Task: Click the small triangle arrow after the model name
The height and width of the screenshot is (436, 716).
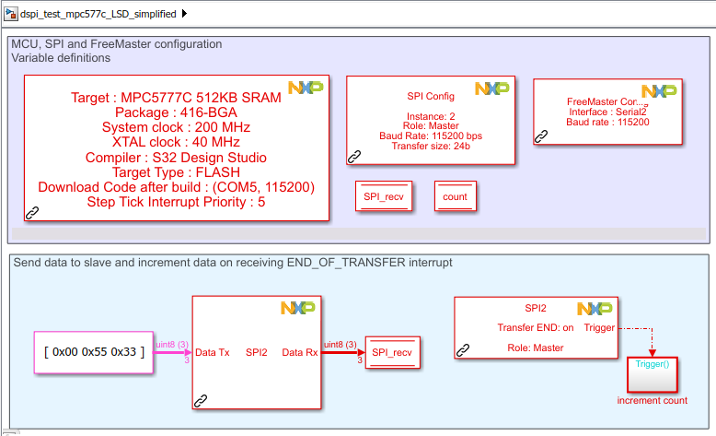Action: tap(185, 13)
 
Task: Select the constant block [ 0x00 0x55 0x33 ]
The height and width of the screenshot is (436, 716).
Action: tap(93, 352)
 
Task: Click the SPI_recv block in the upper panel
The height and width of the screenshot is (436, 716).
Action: tap(385, 196)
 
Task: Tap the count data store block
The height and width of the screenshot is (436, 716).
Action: tap(455, 196)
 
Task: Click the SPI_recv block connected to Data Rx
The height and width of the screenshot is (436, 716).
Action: tap(393, 352)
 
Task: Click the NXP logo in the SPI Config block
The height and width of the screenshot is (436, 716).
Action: tap(492, 88)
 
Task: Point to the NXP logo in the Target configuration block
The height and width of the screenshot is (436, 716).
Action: tap(306, 88)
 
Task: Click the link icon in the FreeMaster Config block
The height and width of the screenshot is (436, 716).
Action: tap(542, 136)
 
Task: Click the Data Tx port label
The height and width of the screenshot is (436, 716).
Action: tap(213, 352)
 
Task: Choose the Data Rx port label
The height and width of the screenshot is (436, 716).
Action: tap(300, 352)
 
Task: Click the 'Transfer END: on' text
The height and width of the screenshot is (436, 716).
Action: tap(536, 327)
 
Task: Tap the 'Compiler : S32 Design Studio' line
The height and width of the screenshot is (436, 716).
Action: tap(175, 157)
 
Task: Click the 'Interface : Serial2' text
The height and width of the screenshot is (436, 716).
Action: tap(607, 112)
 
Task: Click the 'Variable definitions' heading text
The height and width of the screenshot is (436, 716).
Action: tap(61, 58)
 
